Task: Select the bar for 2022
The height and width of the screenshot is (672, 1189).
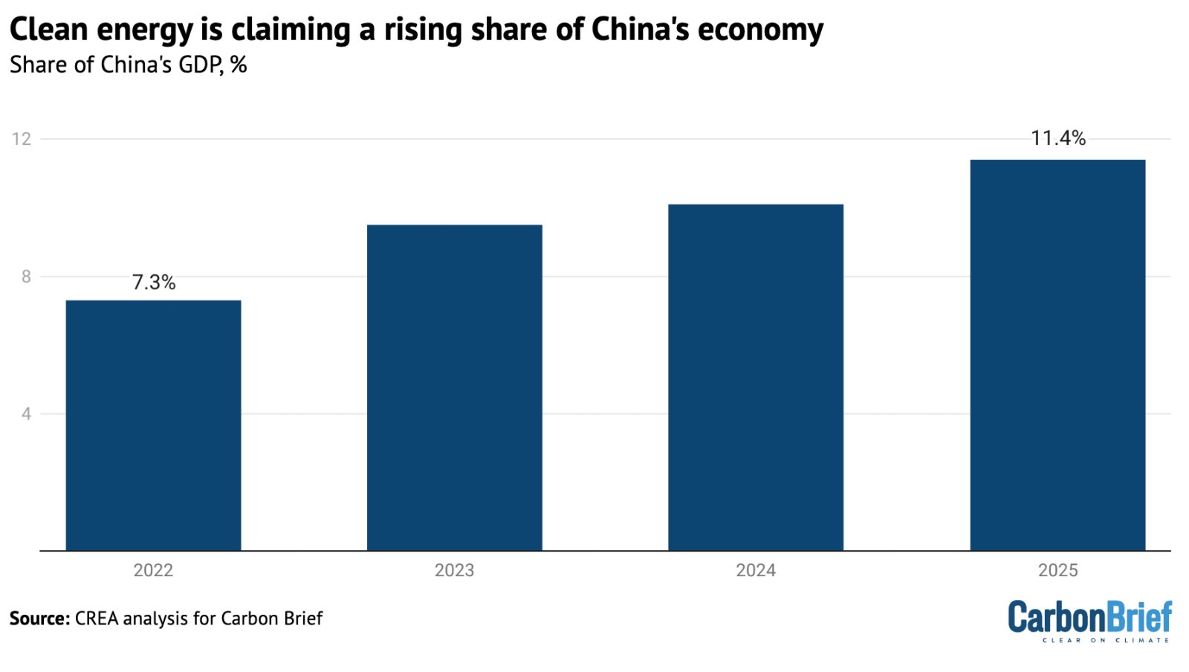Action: coord(153,425)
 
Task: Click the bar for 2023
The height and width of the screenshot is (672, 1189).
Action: coord(454,387)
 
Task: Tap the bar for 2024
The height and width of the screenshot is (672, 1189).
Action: coord(755,377)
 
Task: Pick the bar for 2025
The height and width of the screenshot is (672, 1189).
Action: coord(1057,355)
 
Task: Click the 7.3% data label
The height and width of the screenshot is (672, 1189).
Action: coord(154,282)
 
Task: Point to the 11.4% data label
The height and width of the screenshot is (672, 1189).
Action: coord(1057,138)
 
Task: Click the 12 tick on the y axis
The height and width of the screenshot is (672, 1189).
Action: coord(22,139)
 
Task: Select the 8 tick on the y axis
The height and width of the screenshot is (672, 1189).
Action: coord(26,277)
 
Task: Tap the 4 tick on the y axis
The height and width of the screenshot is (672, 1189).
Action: coord(26,414)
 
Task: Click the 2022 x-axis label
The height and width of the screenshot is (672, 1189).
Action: coord(153,570)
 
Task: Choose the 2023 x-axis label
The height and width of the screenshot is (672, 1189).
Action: coord(454,570)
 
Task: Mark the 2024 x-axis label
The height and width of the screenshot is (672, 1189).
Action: coord(755,570)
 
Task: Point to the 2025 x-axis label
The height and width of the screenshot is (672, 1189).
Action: coord(1057,570)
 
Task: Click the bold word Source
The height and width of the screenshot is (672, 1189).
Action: coord(39,618)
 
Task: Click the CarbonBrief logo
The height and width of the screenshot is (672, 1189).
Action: coord(1089,616)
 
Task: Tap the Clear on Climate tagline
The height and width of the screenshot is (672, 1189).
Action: coord(1105,640)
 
